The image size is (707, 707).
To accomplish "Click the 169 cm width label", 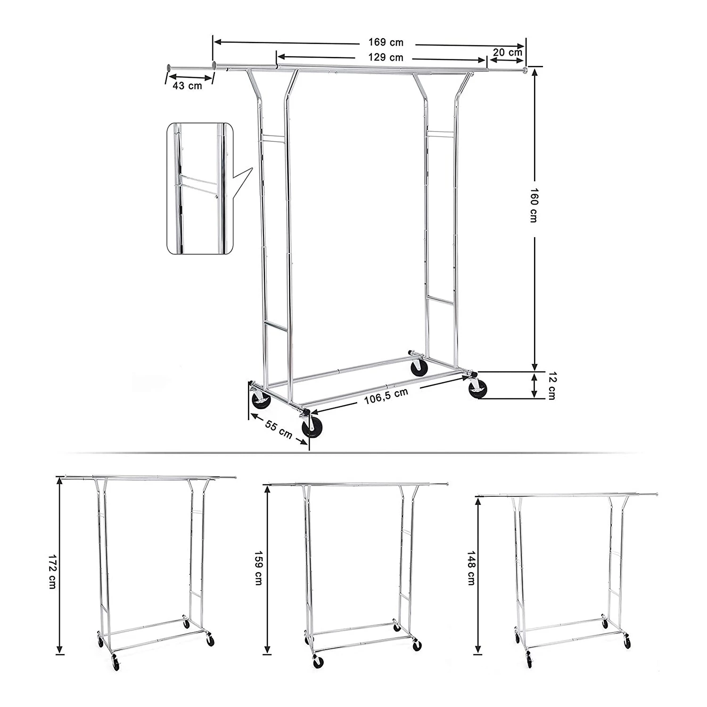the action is tap(386, 42).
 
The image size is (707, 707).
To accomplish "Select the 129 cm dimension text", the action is tap(386, 58).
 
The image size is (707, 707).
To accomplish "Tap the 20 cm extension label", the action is tap(507, 52).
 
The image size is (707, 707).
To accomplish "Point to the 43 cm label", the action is tap(187, 85).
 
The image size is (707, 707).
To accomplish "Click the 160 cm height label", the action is tap(534, 206).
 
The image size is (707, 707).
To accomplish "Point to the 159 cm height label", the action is tap(258, 568).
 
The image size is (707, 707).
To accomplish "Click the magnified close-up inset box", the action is tap(200, 189).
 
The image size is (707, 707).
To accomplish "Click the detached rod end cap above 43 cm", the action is tap(167, 68).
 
